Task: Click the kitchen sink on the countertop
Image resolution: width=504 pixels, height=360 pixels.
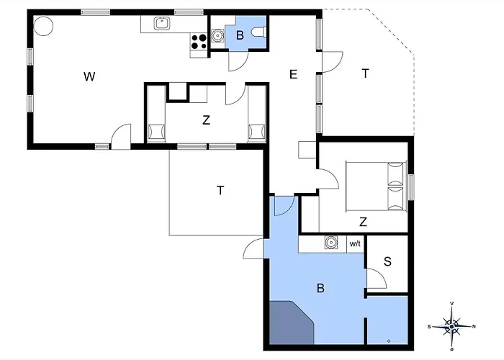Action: pyautogui.click(x=162, y=24)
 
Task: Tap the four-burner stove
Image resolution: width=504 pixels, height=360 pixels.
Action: pyautogui.click(x=199, y=42)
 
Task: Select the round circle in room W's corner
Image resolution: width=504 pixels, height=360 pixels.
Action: pyautogui.click(x=43, y=26)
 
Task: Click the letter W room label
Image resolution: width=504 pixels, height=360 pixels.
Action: pyautogui.click(x=89, y=76)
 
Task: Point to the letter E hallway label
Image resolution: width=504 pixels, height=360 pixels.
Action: pyautogui.click(x=293, y=75)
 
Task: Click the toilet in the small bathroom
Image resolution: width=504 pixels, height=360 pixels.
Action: pyautogui.click(x=259, y=32)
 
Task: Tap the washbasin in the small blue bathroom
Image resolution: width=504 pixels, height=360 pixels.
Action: pyautogui.click(x=218, y=36)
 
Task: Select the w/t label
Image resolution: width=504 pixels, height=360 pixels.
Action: pyautogui.click(x=355, y=244)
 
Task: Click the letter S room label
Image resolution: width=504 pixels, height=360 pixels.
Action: pyautogui.click(x=387, y=261)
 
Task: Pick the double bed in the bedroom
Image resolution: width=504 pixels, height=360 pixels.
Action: pyautogui.click(x=376, y=186)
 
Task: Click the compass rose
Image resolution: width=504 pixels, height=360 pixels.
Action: pyautogui.click(x=452, y=326)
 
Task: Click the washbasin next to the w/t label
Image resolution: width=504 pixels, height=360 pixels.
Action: pyautogui.click(x=331, y=243)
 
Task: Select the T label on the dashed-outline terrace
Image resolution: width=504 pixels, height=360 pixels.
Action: pyautogui.click(x=365, y=73)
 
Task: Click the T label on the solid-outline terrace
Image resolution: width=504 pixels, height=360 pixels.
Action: pyautogui.click(x=220, y=190)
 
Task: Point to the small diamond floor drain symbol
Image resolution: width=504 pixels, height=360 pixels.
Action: pyautogui.click(x=389, y=341)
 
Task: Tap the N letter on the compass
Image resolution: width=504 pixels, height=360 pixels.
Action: pyautogui.click(x=474, y=327)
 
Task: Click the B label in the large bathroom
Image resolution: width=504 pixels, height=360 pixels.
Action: pyautogui.click(x=320, y=288)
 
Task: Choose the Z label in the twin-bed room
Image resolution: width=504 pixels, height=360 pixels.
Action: pyautogui.click(x=206, y=120)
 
